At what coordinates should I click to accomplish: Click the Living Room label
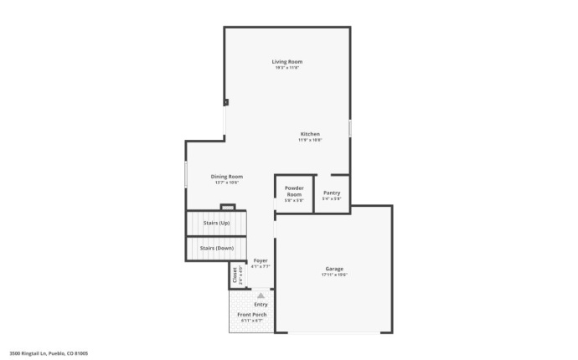point(286,62)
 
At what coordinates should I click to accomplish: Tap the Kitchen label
point(310,134)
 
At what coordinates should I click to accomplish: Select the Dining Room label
point(226,176)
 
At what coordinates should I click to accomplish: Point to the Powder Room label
point(293,191)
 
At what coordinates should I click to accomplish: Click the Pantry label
point(332,193)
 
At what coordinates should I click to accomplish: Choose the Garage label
point(334,268)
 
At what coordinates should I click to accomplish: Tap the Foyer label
point(261,260)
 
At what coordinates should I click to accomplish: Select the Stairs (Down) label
point(216,248)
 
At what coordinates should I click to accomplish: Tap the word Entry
point(261,304)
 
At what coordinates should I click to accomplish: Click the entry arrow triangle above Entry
point(261,295)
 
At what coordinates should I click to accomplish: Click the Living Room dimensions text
point(286,68)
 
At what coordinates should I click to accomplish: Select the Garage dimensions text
point(334,275)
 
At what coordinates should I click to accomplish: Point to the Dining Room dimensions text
point(226,182)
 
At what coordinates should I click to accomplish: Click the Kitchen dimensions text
point(310,140)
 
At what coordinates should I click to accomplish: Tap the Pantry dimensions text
point(332,198)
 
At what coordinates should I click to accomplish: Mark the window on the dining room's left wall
point(186,175)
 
